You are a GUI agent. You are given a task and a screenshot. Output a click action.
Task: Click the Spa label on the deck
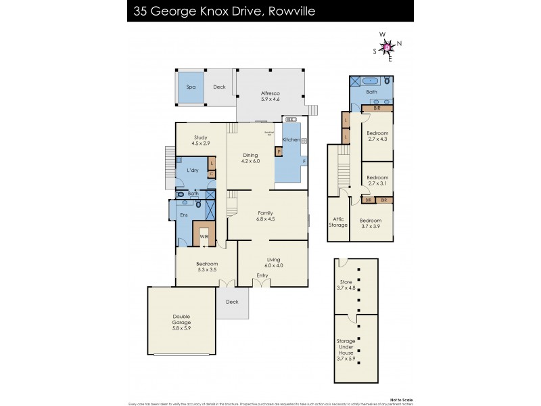coord(190,87)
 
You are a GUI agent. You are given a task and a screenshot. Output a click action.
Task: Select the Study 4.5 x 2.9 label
coord(199,140)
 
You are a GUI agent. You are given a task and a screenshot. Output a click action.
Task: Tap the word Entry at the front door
coord(262,277)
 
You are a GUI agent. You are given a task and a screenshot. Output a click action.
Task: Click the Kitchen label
coord(291,139)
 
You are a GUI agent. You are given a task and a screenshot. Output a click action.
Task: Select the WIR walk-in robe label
coord(204,237)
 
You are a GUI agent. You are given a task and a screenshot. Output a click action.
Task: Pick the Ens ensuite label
coord(183,215)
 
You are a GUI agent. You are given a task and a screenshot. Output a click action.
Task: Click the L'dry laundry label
coord(191,171)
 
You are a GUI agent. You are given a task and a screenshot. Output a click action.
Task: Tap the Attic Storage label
coord(338,221)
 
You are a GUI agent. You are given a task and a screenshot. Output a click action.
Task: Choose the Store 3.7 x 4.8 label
coord(346,286)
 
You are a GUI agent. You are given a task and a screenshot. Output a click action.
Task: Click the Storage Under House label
coord(346,350)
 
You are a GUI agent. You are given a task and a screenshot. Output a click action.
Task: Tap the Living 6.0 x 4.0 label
coord(274,262)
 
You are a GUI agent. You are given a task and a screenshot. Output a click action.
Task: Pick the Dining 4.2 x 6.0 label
coord(251,158)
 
